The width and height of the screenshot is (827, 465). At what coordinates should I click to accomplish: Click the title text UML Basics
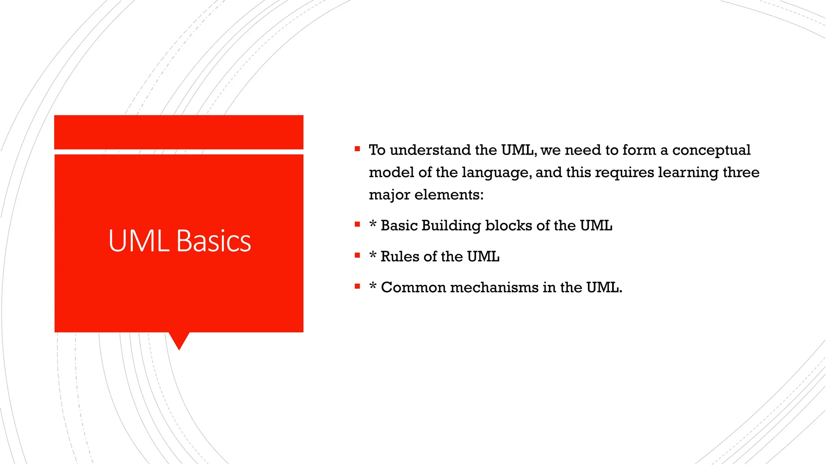tap(179, 241)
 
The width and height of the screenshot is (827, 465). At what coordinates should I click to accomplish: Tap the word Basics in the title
tap(214, 241)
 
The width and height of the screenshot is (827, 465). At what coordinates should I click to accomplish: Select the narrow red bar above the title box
tap(178, 132)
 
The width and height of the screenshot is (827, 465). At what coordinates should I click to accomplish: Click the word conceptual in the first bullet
tap(711, 150)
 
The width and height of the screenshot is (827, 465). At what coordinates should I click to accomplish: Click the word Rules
tap(400, 257)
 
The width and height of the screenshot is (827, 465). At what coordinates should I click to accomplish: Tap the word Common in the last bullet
tap(413, 288)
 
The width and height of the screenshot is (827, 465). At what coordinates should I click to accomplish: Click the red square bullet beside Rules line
tap(357, 256)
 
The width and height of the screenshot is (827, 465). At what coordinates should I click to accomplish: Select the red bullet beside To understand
tap(357, 149)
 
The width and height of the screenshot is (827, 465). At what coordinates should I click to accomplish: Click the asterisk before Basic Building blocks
tap(373, 224)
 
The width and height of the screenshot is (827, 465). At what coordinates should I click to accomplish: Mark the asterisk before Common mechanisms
tap(373, 286)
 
